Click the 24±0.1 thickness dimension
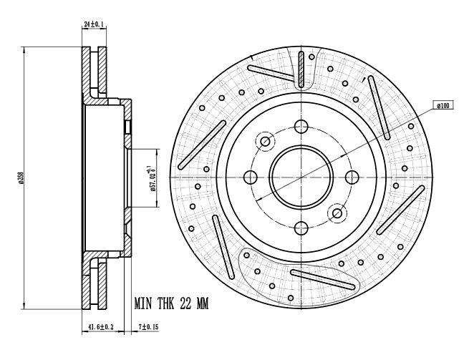click(94, 24)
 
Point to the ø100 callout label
click(442, 106)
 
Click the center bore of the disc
click(301, 176)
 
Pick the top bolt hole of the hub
click(301, 126)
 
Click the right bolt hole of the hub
click(352, 176)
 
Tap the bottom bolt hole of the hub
click(301, 227)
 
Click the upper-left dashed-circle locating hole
click(265, 141)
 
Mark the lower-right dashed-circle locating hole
click(337, 212)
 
